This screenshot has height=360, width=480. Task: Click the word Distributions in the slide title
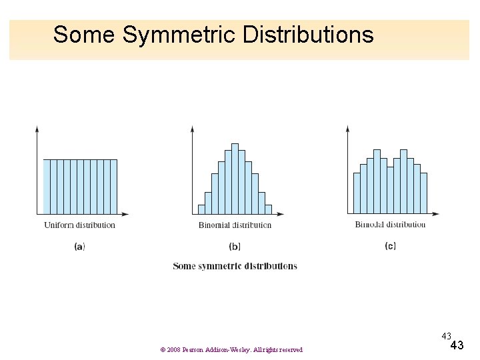(308, 35)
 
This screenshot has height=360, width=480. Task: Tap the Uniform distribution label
(80, 225)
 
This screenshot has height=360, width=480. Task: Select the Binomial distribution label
(235, 225)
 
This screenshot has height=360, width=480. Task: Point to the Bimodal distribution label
(390, 224)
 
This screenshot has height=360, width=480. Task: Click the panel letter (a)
(79, 246)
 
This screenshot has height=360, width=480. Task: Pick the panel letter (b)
(235, 246)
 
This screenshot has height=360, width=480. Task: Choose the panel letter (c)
(390, 245)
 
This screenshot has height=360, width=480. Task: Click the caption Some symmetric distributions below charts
(235, 266)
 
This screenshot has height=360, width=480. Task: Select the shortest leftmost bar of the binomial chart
(201, 209)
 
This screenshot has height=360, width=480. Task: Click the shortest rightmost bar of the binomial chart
(268, 209)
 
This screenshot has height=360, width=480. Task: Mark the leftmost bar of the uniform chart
(47, 187)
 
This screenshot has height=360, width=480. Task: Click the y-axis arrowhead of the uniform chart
(37, 128)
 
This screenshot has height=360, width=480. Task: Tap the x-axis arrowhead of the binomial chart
(280, 214)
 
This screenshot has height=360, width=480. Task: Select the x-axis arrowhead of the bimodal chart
(436, 214)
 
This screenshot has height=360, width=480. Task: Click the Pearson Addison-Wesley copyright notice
(231, 350)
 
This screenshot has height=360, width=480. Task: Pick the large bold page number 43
(457, 345)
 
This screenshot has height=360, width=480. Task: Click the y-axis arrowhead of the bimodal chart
(347, 128)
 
